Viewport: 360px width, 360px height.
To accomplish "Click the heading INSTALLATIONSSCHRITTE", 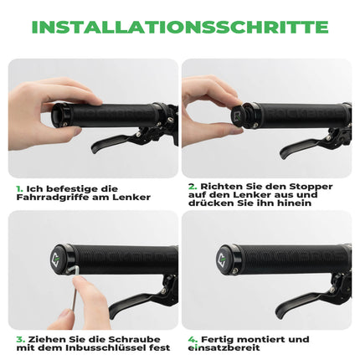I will point(179,27).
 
